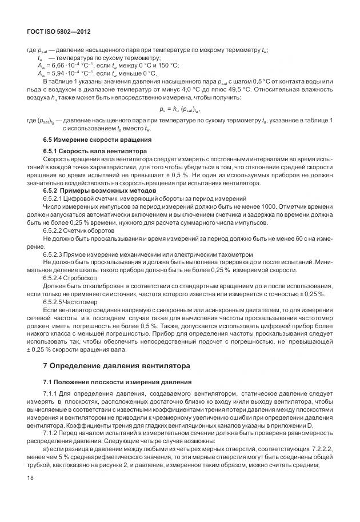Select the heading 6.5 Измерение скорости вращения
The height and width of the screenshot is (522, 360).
click(97, 139)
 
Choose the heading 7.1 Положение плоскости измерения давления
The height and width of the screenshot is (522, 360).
click(116, 381)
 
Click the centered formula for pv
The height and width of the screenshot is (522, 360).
click(179, 109)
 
